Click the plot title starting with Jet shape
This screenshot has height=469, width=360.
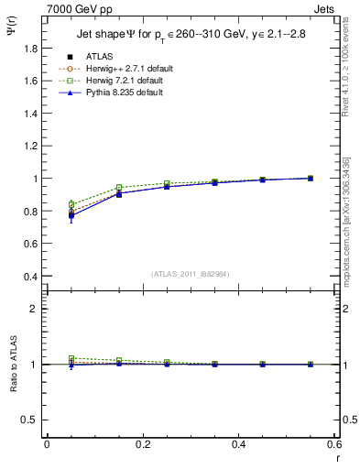[191, 36]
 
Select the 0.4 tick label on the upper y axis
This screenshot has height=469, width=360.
[31, 277]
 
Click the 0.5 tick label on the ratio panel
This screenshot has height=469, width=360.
[31, 420]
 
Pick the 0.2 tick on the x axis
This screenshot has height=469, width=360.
[142, 443]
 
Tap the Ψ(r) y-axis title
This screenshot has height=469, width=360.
[11, 38]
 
